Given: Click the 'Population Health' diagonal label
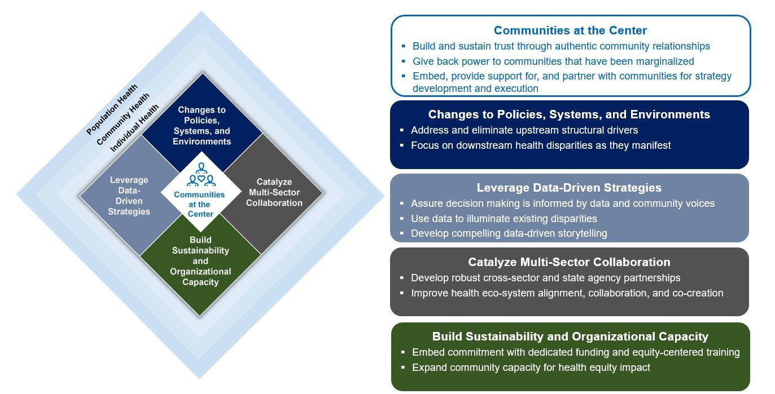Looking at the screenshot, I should click(x=112, y=109).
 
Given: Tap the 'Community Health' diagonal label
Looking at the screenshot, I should click(x=123, y=119).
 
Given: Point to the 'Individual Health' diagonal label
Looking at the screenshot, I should click(x=134, y=128).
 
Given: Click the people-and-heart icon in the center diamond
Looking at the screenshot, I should click(x=201, y=175).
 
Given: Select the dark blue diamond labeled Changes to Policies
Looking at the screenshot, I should click(x=202, y=125).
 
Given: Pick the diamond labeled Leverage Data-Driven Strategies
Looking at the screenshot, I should click(x=129, y=196).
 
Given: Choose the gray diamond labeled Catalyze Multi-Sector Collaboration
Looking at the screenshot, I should click(x=274, y=192).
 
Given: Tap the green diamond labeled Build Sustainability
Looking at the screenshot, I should click(x=200, y=261).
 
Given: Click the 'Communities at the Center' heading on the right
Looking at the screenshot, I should click(x=570, y=30).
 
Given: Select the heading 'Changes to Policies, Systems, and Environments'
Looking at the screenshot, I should click(x=569, y=114).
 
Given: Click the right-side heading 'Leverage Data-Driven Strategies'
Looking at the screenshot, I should click(x=569, y=188).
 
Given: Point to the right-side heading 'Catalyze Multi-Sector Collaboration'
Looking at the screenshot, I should click(x=569, y=262).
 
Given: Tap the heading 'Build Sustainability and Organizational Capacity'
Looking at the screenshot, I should click(x=570, y=337).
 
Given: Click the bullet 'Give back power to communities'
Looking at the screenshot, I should click(x=553, y=61).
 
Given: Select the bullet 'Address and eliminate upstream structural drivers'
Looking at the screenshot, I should click(x=524, y=130).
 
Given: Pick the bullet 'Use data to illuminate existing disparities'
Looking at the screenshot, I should click(x=503, y=219).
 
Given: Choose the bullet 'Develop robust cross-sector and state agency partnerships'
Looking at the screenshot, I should click(x=545, y=278).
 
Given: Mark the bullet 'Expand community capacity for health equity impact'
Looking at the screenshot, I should click(x=531, y=368).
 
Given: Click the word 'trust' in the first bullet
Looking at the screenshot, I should click(x=498, y=46).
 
